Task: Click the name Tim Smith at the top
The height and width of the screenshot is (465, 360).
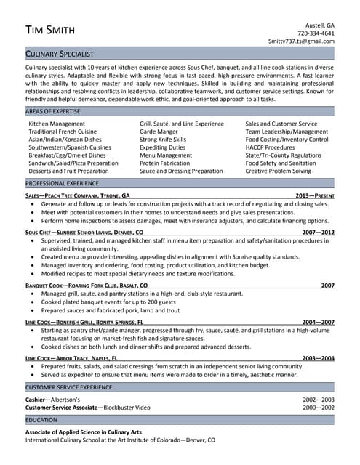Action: tap(52, 30)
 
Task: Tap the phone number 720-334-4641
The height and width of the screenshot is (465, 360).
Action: tap(316, 33)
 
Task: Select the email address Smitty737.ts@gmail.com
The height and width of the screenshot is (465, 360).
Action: tap(301, 41)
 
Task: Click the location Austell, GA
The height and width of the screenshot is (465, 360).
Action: tap(319, 24)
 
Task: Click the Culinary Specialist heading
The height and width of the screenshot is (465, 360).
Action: tap(66, 54)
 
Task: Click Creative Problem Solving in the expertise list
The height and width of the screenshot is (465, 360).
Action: tap(278, 171)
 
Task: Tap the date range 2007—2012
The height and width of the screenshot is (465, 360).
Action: tap(319, 232)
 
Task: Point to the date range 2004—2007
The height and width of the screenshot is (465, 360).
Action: tap(319, 322)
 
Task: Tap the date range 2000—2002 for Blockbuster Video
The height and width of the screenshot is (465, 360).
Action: tap(319, 408)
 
